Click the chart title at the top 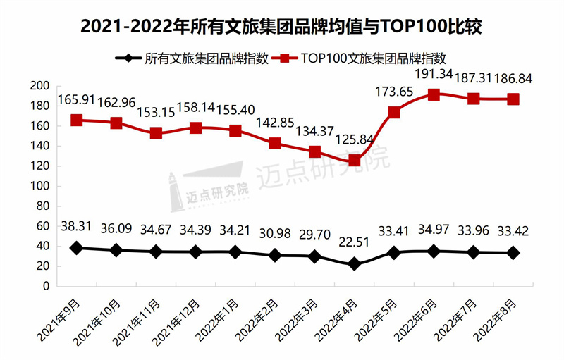281,27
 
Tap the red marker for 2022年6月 434,94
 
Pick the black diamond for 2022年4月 355,264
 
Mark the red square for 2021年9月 76,120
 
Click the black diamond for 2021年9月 76,248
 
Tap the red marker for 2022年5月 394,112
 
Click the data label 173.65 393,92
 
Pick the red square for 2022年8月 513,99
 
